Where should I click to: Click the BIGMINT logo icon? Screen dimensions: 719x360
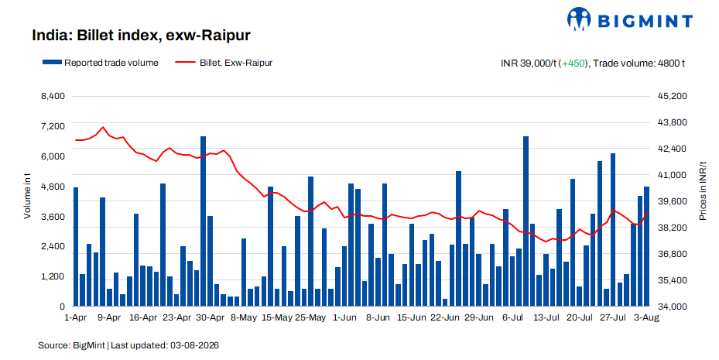[x=579, y=19]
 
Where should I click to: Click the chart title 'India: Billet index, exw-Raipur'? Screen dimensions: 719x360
[x=141, y=36]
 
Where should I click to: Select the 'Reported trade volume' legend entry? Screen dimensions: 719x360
[x=101, y=63]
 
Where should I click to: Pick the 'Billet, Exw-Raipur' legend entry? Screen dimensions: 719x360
[x=224, y=63]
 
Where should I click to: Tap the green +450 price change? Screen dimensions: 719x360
[x=573, y=63]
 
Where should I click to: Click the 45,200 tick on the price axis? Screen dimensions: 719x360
[x=673, y=96]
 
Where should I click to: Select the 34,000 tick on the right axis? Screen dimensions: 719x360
[x=673, y=307]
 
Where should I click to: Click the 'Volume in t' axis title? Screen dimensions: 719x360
[x=28, y=196]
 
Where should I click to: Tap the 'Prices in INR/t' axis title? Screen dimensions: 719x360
[x=703, y=190]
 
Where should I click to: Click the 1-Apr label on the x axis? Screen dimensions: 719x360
[x=76, y=318]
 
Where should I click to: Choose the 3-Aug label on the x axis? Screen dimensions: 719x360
[x=646, y=318]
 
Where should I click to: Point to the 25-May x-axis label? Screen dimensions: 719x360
[x=310, y=318]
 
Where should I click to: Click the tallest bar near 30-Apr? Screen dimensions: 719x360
[x=203, y=221]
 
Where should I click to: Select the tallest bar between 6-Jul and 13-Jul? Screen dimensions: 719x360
[x=526, y=221]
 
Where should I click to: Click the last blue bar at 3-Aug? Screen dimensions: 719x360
[x=646, y=246]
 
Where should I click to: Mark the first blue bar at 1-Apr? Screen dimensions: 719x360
[x=76, y=247]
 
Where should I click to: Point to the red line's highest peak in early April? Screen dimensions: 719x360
[x=103, y=127]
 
